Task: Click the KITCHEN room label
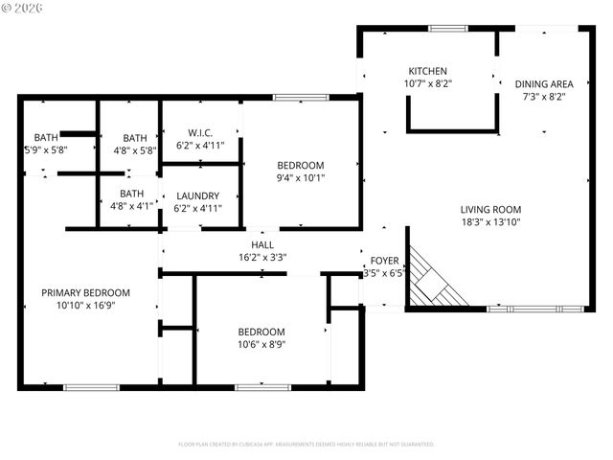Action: coord(428,72)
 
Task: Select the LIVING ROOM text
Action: coord(490,210)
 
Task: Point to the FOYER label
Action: coord(385,261)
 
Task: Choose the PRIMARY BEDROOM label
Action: coord(85,293)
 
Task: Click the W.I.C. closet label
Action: coord(199,133)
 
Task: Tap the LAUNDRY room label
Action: coord(198,196)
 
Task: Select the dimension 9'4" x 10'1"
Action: coord(300,177)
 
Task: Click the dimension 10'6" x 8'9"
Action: coord(261,344)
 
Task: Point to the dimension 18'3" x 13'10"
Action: coord(490,222)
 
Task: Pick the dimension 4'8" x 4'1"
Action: coord(132,205)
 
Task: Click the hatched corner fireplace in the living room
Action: coord(436,280)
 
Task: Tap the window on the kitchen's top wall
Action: coord(447,29)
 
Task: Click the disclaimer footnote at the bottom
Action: coord(306,445)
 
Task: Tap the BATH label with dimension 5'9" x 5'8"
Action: coord(46,138)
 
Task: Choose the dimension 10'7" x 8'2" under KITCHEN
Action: coord(428,84)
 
